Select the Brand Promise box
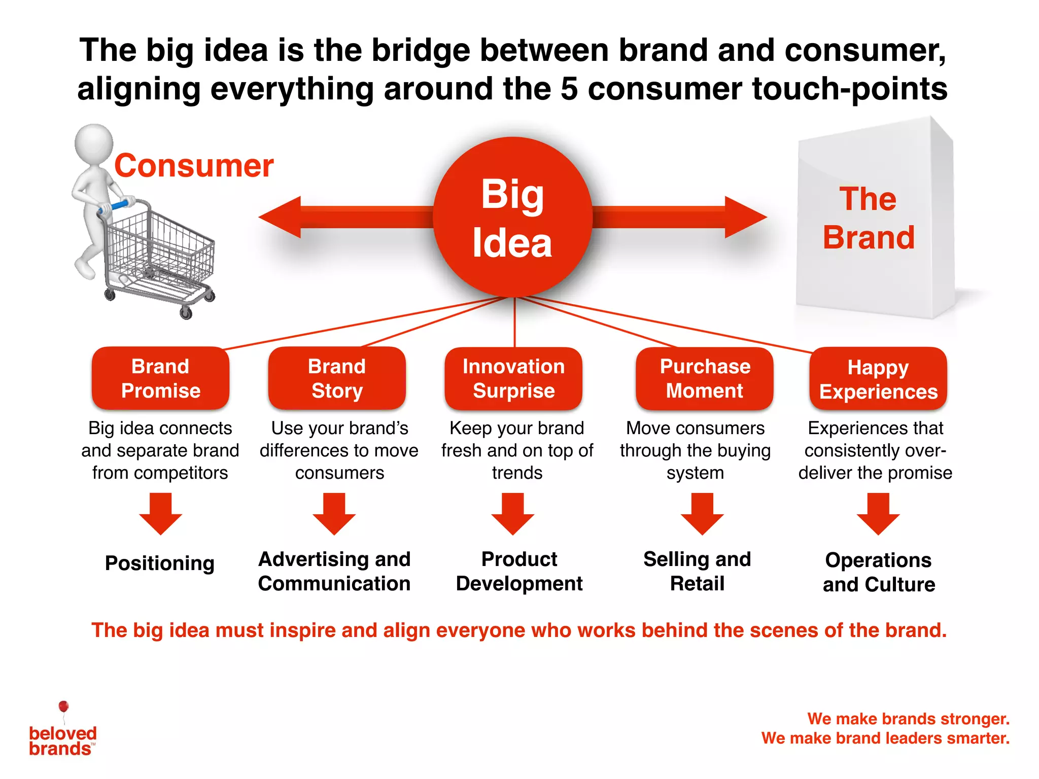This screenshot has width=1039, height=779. (160, 378)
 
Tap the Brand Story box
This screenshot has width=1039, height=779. (337, 378)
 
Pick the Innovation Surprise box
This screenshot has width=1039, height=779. (513, 378)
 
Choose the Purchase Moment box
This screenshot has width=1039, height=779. (705, 378)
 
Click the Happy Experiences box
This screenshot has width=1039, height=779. (878, 379)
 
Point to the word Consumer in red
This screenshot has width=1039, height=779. (194, 166)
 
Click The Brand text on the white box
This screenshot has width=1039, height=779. (869, 218)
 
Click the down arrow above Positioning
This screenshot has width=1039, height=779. (160, 514)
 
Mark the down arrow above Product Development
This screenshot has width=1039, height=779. (512, 514)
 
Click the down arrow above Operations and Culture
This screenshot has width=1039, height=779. (878, 514)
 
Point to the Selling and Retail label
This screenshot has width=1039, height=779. (697, 571)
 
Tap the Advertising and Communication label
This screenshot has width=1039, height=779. (334, 571)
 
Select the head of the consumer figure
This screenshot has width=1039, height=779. (94, 143)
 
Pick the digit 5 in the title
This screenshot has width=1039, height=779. (569, 89)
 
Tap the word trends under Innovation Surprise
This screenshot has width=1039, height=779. (517, 473)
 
